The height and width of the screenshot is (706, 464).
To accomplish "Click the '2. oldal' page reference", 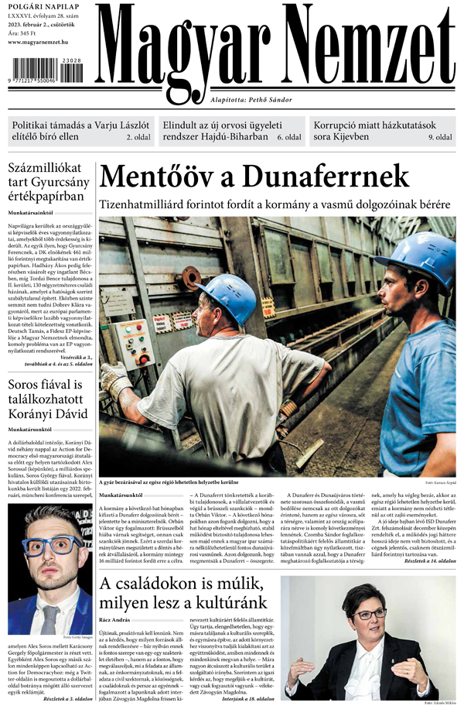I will point(138,137).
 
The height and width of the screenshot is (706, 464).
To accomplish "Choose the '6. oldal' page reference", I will point(289,137).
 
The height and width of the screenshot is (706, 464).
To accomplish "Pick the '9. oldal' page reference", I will point(441,137).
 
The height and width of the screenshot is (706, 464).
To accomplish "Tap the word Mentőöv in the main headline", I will point(156,177).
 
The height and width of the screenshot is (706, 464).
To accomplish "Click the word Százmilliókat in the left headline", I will point(49,170).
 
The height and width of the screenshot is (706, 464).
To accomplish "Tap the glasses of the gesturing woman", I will point(369,614).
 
